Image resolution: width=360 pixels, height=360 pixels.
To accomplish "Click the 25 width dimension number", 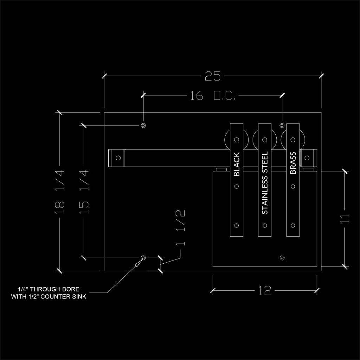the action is pyautogui.click(x=213, y=76).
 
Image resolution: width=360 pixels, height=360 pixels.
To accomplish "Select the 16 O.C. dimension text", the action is pyautogui.click(x=213, y=95).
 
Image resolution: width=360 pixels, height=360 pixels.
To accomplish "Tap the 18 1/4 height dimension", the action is pyautogui.click(x=60, y=192).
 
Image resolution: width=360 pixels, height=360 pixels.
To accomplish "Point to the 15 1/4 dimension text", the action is pyautogui.click(x=84, y=192).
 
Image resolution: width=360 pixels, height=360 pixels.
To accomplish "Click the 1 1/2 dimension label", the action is pyautogui.click(x=181, y=228).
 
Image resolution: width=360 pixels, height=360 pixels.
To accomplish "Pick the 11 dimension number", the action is pyautogui.click(x=345, y=218).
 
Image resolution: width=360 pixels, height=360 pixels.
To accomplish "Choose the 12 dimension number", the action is pyautogui.click(x=265, y=291).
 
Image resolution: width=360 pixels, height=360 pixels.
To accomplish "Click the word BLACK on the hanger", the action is pyautogui.click(x=237, y=164).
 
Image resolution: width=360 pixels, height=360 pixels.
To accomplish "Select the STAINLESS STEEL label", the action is pyautogui.click(x=265, y=183).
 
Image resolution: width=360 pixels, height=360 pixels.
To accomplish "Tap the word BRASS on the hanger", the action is pyautogui.click(x=293, y=163).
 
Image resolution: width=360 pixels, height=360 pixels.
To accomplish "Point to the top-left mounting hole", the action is pyautogui.click(x=143, y=126).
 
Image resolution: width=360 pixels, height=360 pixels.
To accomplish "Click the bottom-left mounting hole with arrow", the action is pyautogui.click(x=143, y=258).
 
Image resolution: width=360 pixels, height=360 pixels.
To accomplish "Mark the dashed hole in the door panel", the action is pyautogui.click(x=282, y=258).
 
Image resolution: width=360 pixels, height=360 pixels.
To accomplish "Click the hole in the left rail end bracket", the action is pyautogui.click(x=118, y=158).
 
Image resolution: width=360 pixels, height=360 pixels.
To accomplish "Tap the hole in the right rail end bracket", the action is pyautogui.click(x=307, y=158).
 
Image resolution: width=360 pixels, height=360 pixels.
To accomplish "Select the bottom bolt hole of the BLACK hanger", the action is pyautogui.click(x=237, y=225).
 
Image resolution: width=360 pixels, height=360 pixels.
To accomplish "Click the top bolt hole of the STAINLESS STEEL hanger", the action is pyautogui.click(x=265, y=140).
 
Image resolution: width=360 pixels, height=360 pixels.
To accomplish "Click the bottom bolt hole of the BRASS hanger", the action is pyautogui.click(x=293, y=225).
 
